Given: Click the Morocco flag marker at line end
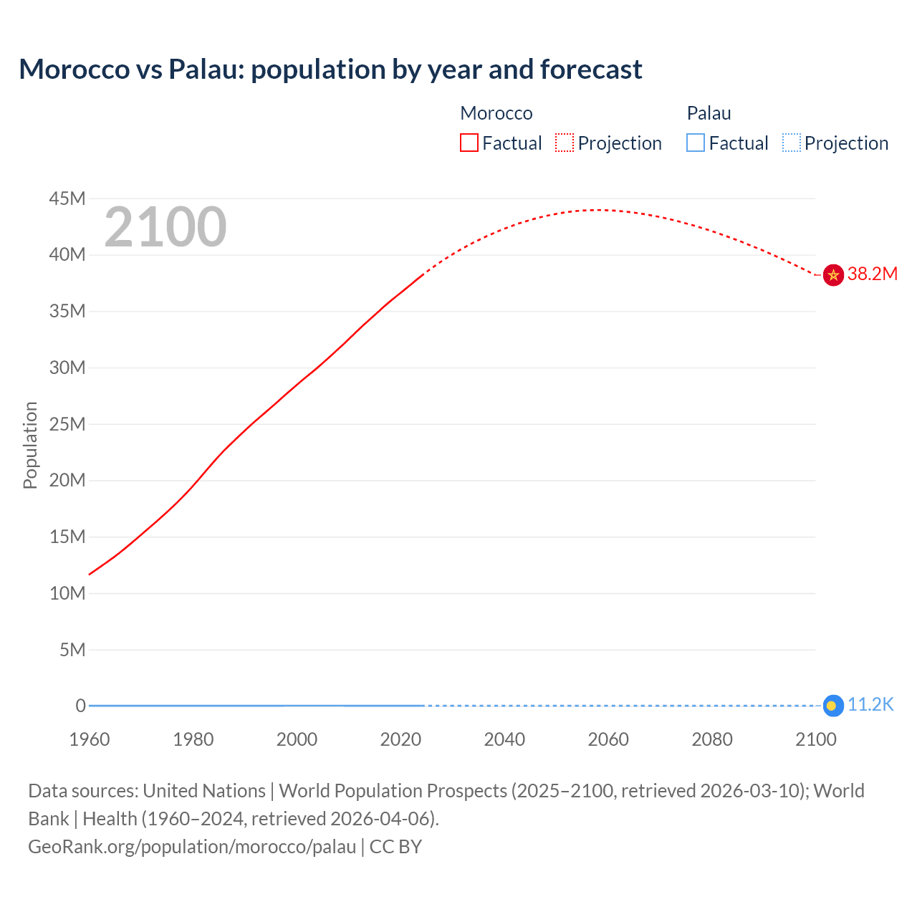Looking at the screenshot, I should [832, 274].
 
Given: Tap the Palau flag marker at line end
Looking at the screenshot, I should [832, 706].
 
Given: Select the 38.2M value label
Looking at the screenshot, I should [872, 274].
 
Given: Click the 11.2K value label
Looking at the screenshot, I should [870, 705].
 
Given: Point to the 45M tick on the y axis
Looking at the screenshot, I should [67, 198].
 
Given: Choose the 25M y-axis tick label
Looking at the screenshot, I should [67, 424].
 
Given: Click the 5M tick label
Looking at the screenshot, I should [72, 650].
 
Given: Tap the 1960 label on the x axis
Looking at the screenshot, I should [90, 739].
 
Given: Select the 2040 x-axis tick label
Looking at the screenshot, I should [504, 739].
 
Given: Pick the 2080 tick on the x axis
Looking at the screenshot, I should [712, 739].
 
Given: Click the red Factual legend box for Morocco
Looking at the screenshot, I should [469, 143].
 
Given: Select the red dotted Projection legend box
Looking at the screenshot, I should [565, 143].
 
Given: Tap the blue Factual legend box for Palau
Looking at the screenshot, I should [696, 143].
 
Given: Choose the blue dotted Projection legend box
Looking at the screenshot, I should [791, 143].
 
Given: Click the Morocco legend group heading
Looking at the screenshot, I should [496, 113].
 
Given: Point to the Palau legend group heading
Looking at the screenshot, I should [709, 113].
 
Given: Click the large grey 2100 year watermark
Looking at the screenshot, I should [165, 227].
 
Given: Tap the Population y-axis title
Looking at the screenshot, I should [30, 445].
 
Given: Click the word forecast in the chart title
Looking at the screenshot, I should [591, 69].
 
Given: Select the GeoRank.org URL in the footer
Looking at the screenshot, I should [192, 847].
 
